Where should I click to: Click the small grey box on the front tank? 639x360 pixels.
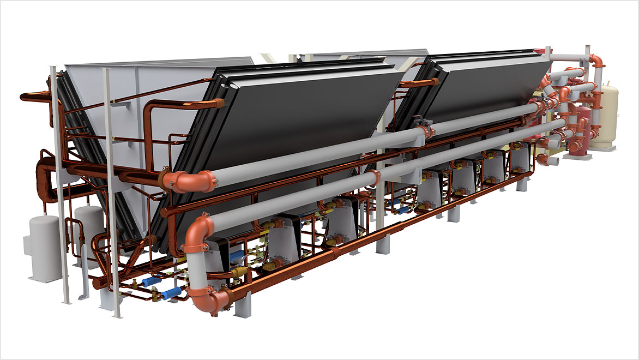(x=27, y=243)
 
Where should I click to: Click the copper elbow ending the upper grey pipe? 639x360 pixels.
(x=188, y=180)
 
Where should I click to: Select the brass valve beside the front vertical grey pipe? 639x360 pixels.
(x=238, y=272)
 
